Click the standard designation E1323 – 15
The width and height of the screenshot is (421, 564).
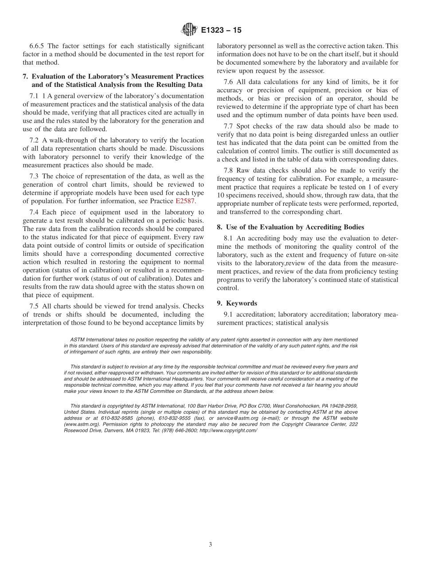(x=221, y=31)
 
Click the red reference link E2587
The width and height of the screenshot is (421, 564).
(x=185, y=200)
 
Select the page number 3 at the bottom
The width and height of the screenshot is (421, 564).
(x=210, y=544)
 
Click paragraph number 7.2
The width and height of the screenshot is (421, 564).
(x=35, y=140)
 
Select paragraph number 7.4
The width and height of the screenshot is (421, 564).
(x=35, y=212)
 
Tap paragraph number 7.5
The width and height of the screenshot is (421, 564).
(x=35, y=306)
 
